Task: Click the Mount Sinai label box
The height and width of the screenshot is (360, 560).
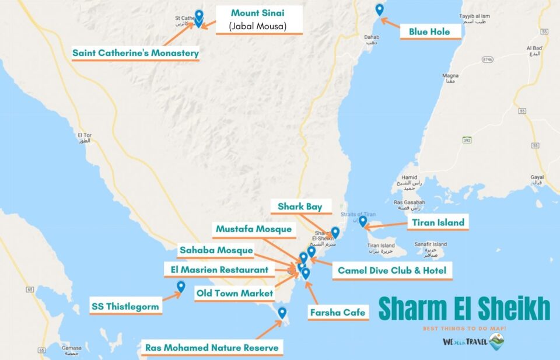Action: [x=259, y=19]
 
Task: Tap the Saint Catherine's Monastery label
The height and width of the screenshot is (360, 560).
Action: [x=135, y=53]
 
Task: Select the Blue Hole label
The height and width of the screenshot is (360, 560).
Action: [x=429, y=32]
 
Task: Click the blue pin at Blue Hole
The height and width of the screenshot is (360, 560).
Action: [x=380, y=9]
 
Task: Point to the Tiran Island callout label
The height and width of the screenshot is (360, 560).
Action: [x=438, y=222]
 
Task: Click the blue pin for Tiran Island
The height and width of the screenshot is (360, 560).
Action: [x=363, y=221]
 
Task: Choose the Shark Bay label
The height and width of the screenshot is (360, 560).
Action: [x=300, y=207]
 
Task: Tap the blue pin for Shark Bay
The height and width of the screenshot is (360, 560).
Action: [x=335, y=232]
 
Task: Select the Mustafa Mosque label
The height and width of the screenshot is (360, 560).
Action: [x=254, y=229]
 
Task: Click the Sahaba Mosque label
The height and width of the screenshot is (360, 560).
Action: [x=216, y=250]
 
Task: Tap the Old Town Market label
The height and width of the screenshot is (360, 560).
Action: [x=235, y=293]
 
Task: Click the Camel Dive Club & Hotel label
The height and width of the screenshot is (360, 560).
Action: [x=392, y=270]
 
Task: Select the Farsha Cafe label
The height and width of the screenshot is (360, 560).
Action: [x=338, y=312]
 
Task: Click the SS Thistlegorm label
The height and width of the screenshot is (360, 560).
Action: [x=125, y=306]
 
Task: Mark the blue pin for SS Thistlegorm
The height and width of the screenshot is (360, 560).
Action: [x=181, y=286]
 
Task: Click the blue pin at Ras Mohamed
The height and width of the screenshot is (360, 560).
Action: [x=282, y=312]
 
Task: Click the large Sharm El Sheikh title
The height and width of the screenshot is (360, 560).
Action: [x=464, y=309]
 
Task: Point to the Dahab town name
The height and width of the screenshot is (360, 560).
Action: [x=372, y=38]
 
